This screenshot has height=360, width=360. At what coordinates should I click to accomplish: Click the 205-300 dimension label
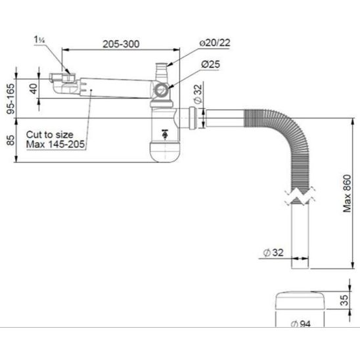coord(121,44)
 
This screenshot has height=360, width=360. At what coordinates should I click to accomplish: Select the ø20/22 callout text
coord(215,43)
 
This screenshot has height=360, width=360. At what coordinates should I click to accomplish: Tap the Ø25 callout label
coord(210,64)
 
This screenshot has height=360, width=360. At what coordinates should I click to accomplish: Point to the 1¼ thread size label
coord(39,39)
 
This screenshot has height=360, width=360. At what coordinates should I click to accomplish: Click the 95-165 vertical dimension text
coord(11,99)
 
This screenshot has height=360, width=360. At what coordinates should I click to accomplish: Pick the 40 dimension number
coord(34,89)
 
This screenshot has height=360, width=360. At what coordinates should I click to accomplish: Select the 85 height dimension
coord(11,140)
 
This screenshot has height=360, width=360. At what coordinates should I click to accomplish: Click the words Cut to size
coord(49,135)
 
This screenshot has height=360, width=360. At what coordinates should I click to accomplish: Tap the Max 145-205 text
coord(55,145)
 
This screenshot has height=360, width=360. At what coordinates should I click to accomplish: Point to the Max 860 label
coord(347,193)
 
